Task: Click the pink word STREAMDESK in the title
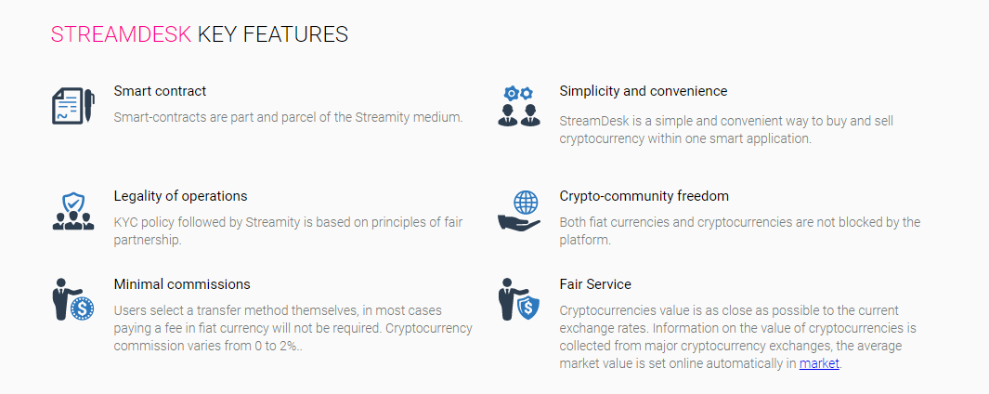[121, 34]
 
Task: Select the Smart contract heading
[161, 91]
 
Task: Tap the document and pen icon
[73, 106]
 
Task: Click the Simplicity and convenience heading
[644, 91]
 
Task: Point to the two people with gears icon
[519, 106]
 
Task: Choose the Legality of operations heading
[180, 196]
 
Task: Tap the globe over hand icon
[519, 211]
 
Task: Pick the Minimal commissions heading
[182, 284]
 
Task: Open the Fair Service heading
[595, 284]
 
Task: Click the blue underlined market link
[819, 363]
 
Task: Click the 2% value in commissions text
[287, 346]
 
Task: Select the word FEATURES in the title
[296, 34]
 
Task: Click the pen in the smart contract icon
[89, 106]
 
